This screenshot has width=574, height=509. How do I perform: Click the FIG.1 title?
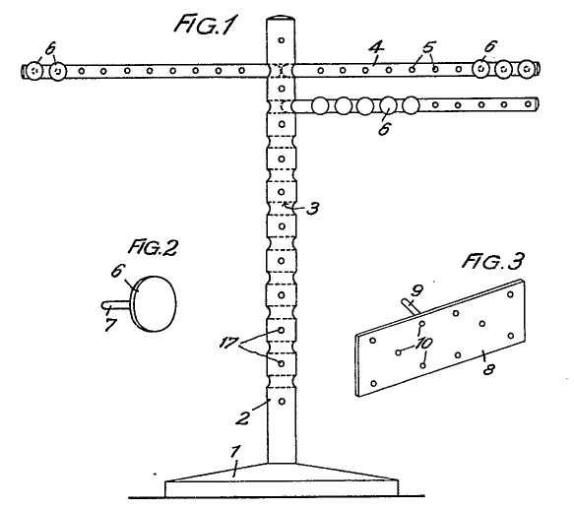click(x=206, y=25)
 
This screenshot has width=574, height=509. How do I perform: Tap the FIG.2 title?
click(x=153, y=247)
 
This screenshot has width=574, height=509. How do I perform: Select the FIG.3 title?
click(x=492, y=261)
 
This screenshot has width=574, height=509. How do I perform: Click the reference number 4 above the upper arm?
click(x=376, y=48)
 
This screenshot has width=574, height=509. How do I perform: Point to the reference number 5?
click(x=428, y=47)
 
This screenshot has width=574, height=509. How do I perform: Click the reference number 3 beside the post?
click(x=312, y=209)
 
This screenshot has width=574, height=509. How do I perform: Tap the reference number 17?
click(x=228, y=344)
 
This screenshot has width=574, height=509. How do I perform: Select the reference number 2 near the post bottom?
click(x=243, y=417)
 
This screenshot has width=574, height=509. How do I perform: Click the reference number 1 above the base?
click(x=235, y=451)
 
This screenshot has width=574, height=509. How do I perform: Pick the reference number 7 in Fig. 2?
click(x=110, y=325)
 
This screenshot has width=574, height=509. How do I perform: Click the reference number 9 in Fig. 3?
click(x=416, y=290)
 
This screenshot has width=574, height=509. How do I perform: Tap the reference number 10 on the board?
click(x=424, y=344)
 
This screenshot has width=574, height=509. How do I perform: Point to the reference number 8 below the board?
click(x=488, y=369)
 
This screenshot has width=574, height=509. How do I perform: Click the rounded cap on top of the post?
click(x=281, y=18)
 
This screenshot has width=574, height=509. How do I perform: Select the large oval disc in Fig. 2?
click(x=155, y=304)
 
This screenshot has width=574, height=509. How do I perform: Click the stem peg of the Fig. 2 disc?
click(x=115, y=305)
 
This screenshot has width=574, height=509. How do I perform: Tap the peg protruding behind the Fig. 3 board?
click(x=411, y=306)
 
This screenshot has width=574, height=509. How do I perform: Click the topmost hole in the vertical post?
click(x=282, y=40)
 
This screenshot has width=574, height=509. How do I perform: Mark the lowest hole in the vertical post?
click(x=282, y=402)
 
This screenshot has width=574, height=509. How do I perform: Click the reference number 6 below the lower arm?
click(x=384, y=129)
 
